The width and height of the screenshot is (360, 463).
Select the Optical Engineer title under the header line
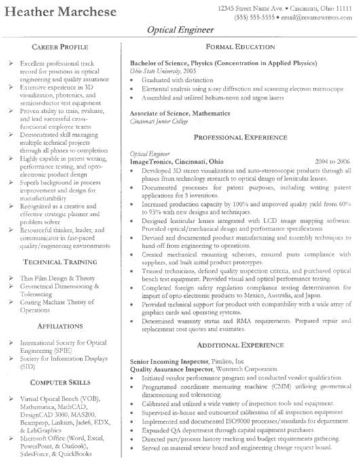point(179,30)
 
